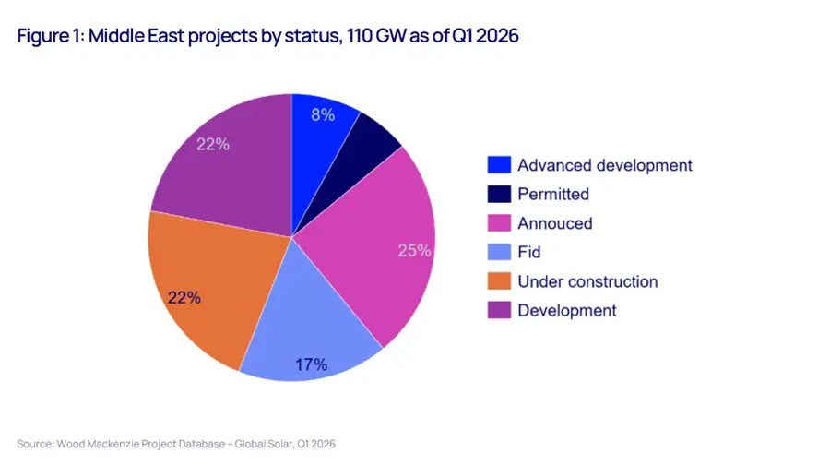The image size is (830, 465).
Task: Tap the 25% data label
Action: pyautogui.click(x=413, y=250)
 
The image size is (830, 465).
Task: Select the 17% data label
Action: pyautogui.click(x=312, y=364)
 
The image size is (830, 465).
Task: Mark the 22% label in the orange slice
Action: pyautogui.click(x=183, y=297)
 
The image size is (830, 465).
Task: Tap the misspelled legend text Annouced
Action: pyautogui.click(x=554, y=223)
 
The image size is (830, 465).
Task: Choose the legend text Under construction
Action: pyautogui.click(x=587, y=280)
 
